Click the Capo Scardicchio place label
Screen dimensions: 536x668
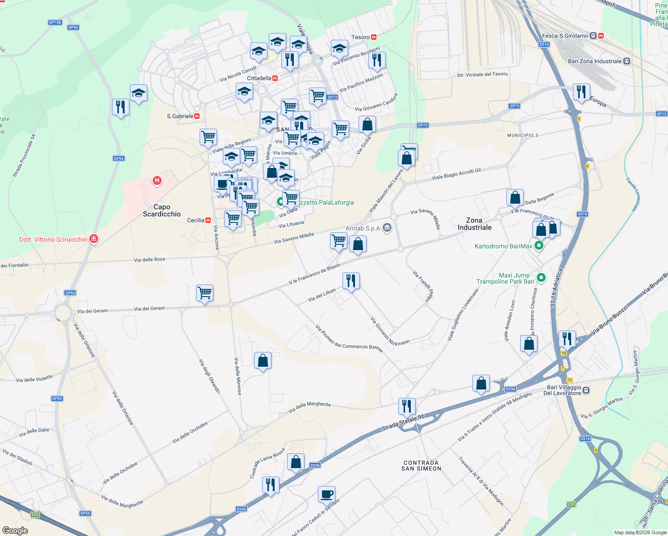coord(162,210)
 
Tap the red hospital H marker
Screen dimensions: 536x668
coord(157,180)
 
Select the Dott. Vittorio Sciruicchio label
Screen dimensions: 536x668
coord(53,239)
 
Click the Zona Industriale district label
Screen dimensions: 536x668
coord(474,224)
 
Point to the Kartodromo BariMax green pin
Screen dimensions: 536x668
coord(539,245)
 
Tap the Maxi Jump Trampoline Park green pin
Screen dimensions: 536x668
coord(541,278)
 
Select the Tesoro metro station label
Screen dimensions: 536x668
coord(361,37)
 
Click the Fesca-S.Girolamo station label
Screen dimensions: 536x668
coord(565,36)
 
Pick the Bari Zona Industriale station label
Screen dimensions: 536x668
coord(595,61)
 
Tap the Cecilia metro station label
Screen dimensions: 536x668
coord(196,220)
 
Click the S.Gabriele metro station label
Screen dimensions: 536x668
coord(180,116)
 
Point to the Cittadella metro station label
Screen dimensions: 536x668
coord(259,78)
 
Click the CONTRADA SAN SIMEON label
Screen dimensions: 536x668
coord(421,466)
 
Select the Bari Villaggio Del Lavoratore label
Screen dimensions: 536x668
coord(564,390)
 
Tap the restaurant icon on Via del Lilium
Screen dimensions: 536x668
coord(351,281)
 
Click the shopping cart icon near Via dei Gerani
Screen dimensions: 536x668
coord(205,293)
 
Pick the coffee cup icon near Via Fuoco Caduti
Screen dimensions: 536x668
coord(326,494)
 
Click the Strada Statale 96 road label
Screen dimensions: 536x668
coord(403,423)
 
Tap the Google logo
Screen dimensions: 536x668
coord(15,530)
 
